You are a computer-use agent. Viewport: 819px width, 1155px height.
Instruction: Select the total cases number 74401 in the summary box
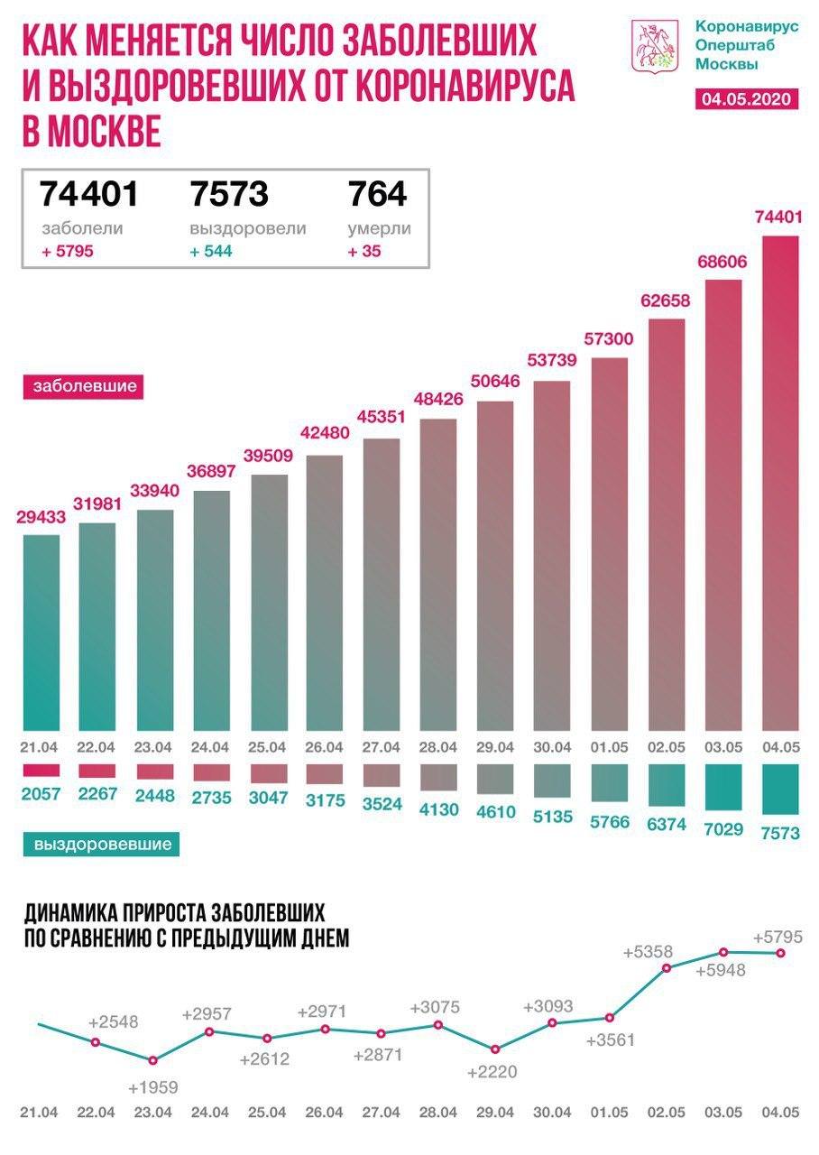coord(88,193)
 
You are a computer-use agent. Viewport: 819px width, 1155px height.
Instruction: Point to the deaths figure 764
coord(377,193)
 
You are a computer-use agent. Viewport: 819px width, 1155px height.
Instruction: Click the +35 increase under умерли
coord(364,251)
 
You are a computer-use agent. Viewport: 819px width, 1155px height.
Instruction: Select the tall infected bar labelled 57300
coord(609,541)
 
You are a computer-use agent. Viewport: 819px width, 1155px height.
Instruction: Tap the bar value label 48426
coord(438,398)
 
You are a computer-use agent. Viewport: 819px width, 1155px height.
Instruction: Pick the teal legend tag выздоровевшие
coord(103,845)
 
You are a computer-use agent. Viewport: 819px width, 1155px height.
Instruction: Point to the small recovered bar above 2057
coord(40,770)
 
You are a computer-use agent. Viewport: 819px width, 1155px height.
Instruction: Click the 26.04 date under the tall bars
coord(324,746)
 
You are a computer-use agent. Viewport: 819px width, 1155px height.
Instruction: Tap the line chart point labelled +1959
coord(152,1060)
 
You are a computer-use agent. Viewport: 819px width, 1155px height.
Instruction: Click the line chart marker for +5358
coord(667,968)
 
